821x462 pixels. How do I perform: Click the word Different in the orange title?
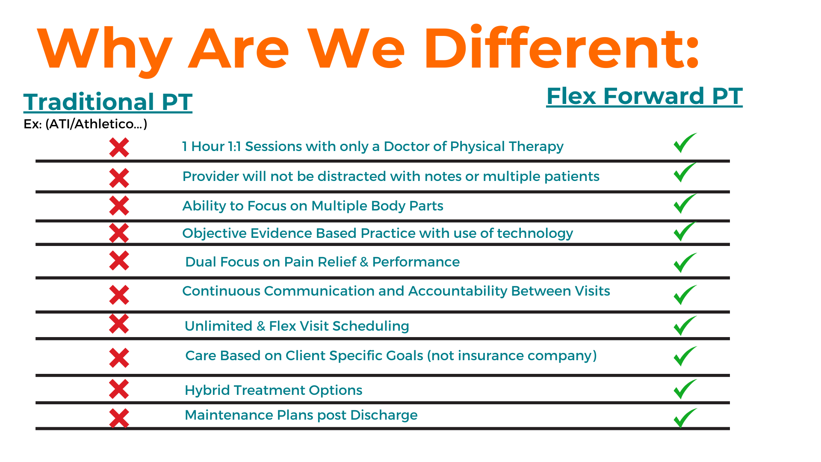point(561,47)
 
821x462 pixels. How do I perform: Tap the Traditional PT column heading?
point(108,102)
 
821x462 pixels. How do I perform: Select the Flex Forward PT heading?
point(644,96)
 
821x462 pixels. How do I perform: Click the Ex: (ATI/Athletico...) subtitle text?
point(86,124)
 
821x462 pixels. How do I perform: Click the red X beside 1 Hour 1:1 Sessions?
point(119,148)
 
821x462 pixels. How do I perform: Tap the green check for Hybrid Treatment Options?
point(685,389)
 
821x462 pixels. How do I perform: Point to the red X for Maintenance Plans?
point(119,418)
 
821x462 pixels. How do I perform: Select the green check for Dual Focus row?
point(685,263)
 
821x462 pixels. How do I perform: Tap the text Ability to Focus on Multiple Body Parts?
point(313,206)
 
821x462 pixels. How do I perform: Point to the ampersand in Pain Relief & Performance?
point(364,262)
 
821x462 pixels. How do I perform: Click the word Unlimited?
point(219,326)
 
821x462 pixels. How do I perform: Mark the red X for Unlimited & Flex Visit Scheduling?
point(119,324)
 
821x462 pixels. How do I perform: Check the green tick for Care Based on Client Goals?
point(685,356)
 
